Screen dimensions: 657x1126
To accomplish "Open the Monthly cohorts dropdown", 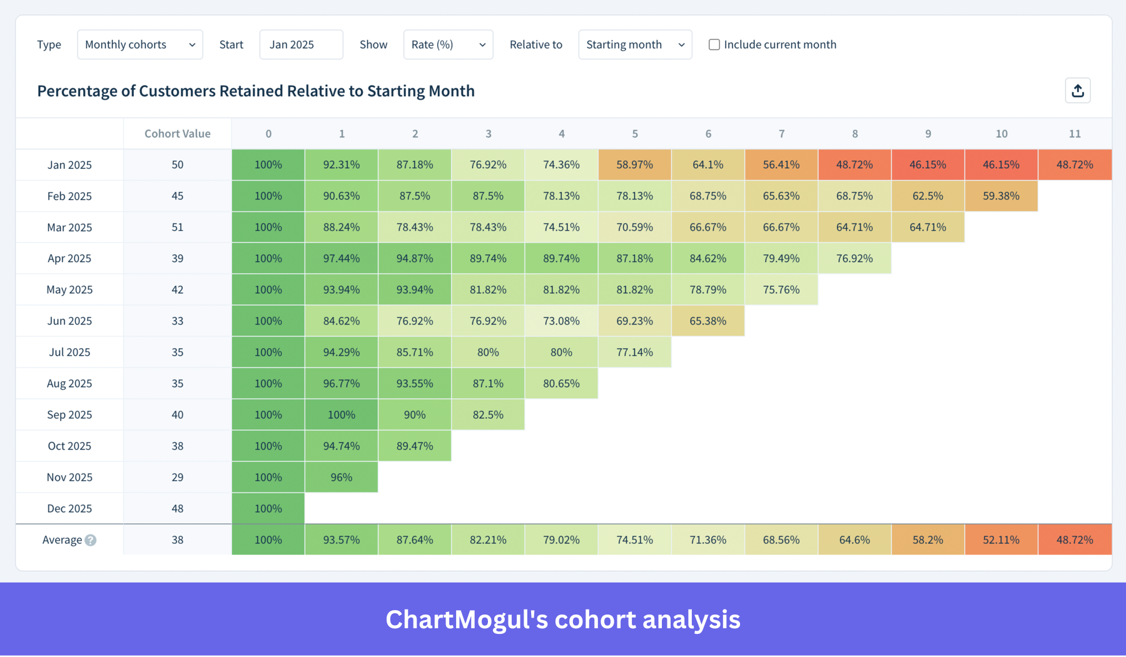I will [139, 44].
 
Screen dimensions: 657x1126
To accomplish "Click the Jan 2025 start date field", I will [301, 44].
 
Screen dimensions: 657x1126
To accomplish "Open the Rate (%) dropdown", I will [448, 44].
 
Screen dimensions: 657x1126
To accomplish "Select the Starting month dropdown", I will [634, 44].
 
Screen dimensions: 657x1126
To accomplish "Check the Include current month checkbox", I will [714, 44].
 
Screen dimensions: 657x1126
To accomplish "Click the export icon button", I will [1077, 91].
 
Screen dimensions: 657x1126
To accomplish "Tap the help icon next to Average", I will [91, 540].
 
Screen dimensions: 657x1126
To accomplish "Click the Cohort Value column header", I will [177, 133].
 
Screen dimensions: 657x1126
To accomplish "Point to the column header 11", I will [1074, 133].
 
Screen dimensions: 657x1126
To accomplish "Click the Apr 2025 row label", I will [69, 258].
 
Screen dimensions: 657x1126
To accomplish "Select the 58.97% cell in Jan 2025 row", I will [634, 164].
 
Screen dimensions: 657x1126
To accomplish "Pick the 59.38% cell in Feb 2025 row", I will [1001, 196].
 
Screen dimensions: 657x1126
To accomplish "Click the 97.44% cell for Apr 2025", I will [341, 258].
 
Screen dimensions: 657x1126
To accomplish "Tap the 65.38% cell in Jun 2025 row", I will [708, 321].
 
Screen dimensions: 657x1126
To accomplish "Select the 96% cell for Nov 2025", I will [341, 477].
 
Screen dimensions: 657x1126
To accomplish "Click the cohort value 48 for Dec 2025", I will [177, 508].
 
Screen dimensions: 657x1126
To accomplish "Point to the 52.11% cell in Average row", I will [1001, 539].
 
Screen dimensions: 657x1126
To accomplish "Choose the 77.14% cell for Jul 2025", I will [634, 352].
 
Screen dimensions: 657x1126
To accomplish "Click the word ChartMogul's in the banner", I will [466, 619].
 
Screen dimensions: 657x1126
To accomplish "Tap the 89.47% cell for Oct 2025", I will [414, 446].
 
